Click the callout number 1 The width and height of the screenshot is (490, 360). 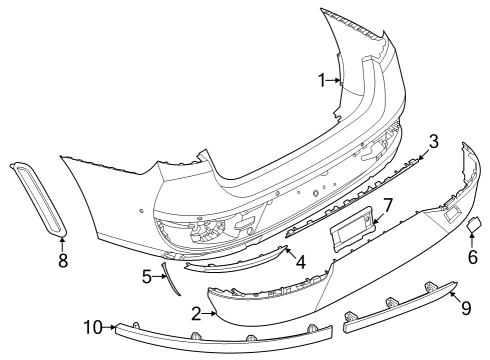322,80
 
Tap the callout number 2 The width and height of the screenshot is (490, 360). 196,314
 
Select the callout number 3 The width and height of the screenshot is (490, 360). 433,142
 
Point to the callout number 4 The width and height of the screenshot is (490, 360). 301,264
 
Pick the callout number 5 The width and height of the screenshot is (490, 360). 147,275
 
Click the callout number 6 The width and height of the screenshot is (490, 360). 472,256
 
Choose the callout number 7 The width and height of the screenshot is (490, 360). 389,205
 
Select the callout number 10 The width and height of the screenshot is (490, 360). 92,326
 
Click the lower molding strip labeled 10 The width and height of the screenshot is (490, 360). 220,344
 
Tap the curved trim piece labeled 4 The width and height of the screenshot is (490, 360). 230,263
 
